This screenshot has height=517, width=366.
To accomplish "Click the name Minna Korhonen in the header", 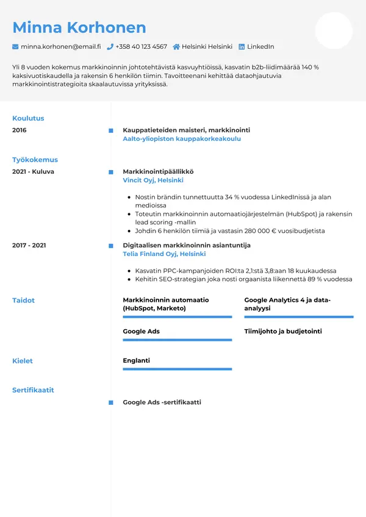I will point(79,27).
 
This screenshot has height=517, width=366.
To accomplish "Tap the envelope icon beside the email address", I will point(15,47).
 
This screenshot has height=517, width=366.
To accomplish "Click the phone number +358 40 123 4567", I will point(141,47).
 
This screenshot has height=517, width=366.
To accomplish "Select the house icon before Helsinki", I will point(176,47).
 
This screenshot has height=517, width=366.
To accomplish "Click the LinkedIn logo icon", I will point(242,47).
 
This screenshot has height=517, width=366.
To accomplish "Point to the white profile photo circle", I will point(334,30).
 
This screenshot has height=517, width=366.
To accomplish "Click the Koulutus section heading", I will point(28,118).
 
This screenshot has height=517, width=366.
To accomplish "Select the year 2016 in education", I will point(20,130).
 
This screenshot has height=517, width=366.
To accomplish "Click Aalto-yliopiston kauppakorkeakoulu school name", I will point(182,139).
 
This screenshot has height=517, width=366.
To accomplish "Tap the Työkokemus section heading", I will point(35,160).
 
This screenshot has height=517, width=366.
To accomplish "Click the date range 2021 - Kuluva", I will point(33,172).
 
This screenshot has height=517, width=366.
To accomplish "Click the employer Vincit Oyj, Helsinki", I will point(153,180).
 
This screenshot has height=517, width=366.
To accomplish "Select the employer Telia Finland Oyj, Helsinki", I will point(164,254).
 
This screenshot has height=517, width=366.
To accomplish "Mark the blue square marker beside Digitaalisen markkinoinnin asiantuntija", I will point(110,245).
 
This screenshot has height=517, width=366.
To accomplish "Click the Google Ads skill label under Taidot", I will point(141,332).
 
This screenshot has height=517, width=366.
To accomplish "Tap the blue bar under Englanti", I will point(178,369).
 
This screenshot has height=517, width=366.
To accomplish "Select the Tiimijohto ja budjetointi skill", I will point(283,332).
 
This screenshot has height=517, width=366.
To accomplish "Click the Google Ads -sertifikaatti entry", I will point(162,402).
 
